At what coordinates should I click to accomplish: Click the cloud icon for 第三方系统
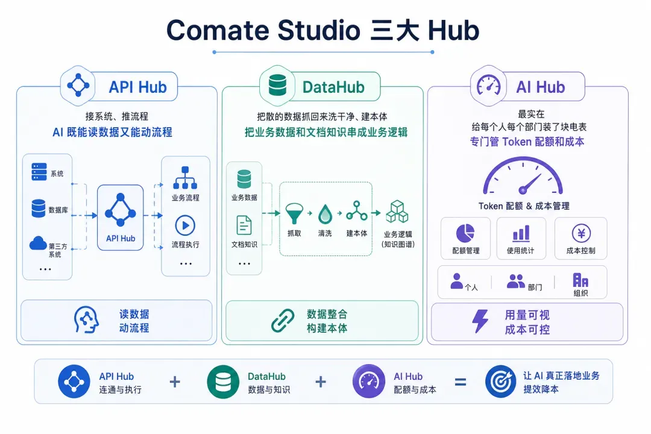38,243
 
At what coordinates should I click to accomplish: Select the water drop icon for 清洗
325,214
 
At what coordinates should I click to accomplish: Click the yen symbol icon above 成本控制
581,233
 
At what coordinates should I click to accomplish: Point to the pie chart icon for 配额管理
465,233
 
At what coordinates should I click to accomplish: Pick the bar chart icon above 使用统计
521,233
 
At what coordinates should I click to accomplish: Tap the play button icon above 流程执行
185,225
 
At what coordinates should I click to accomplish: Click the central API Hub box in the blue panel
121,218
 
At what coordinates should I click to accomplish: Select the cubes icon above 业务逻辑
397,212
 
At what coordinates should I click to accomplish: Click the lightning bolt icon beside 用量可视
480,321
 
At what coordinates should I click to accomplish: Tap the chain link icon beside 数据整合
283,321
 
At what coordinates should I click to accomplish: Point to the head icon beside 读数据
86,320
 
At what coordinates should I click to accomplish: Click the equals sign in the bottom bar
461,382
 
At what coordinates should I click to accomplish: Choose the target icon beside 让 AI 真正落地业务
501,381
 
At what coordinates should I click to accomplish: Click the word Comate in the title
218,30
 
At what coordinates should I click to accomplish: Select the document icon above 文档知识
244,226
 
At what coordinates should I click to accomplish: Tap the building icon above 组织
580,280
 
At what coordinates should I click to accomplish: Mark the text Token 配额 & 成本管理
524,206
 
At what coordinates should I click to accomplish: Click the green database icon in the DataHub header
277,85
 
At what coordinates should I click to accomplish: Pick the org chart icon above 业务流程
185,178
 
